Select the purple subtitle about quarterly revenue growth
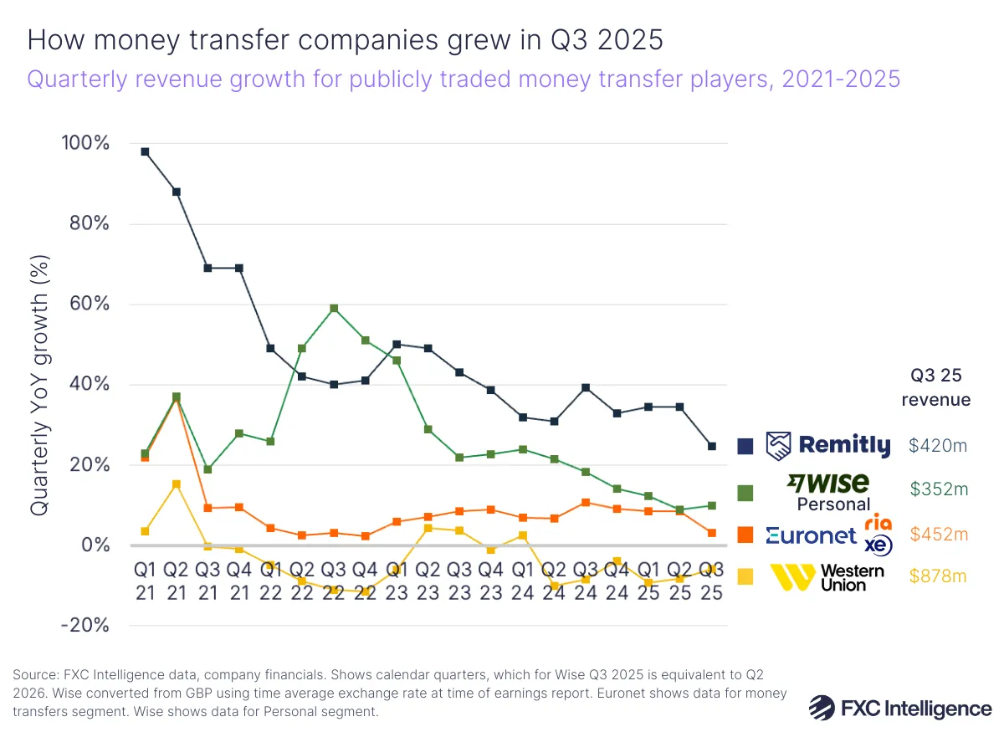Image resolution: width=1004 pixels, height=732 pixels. [464, 79]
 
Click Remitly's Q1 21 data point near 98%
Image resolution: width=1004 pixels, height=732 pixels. [145, 151]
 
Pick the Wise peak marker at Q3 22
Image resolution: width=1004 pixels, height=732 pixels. [334, 308]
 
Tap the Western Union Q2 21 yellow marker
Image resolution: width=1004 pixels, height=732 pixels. [176, 484]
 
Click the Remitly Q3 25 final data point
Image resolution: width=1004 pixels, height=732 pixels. [712, 446]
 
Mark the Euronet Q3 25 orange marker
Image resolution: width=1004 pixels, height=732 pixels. [712, 533]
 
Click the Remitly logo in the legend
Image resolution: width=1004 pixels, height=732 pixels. [829, 446]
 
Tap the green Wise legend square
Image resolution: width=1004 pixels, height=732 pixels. [745, 494]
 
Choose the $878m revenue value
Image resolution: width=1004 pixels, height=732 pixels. [937, 576]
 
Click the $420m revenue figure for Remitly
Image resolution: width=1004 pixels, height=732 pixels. [937, 446]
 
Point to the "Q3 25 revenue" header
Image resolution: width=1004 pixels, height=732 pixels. [936, 386]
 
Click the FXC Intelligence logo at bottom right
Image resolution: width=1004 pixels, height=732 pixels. [900, 708]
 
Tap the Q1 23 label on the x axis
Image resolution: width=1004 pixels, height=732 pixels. [397, 581]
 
